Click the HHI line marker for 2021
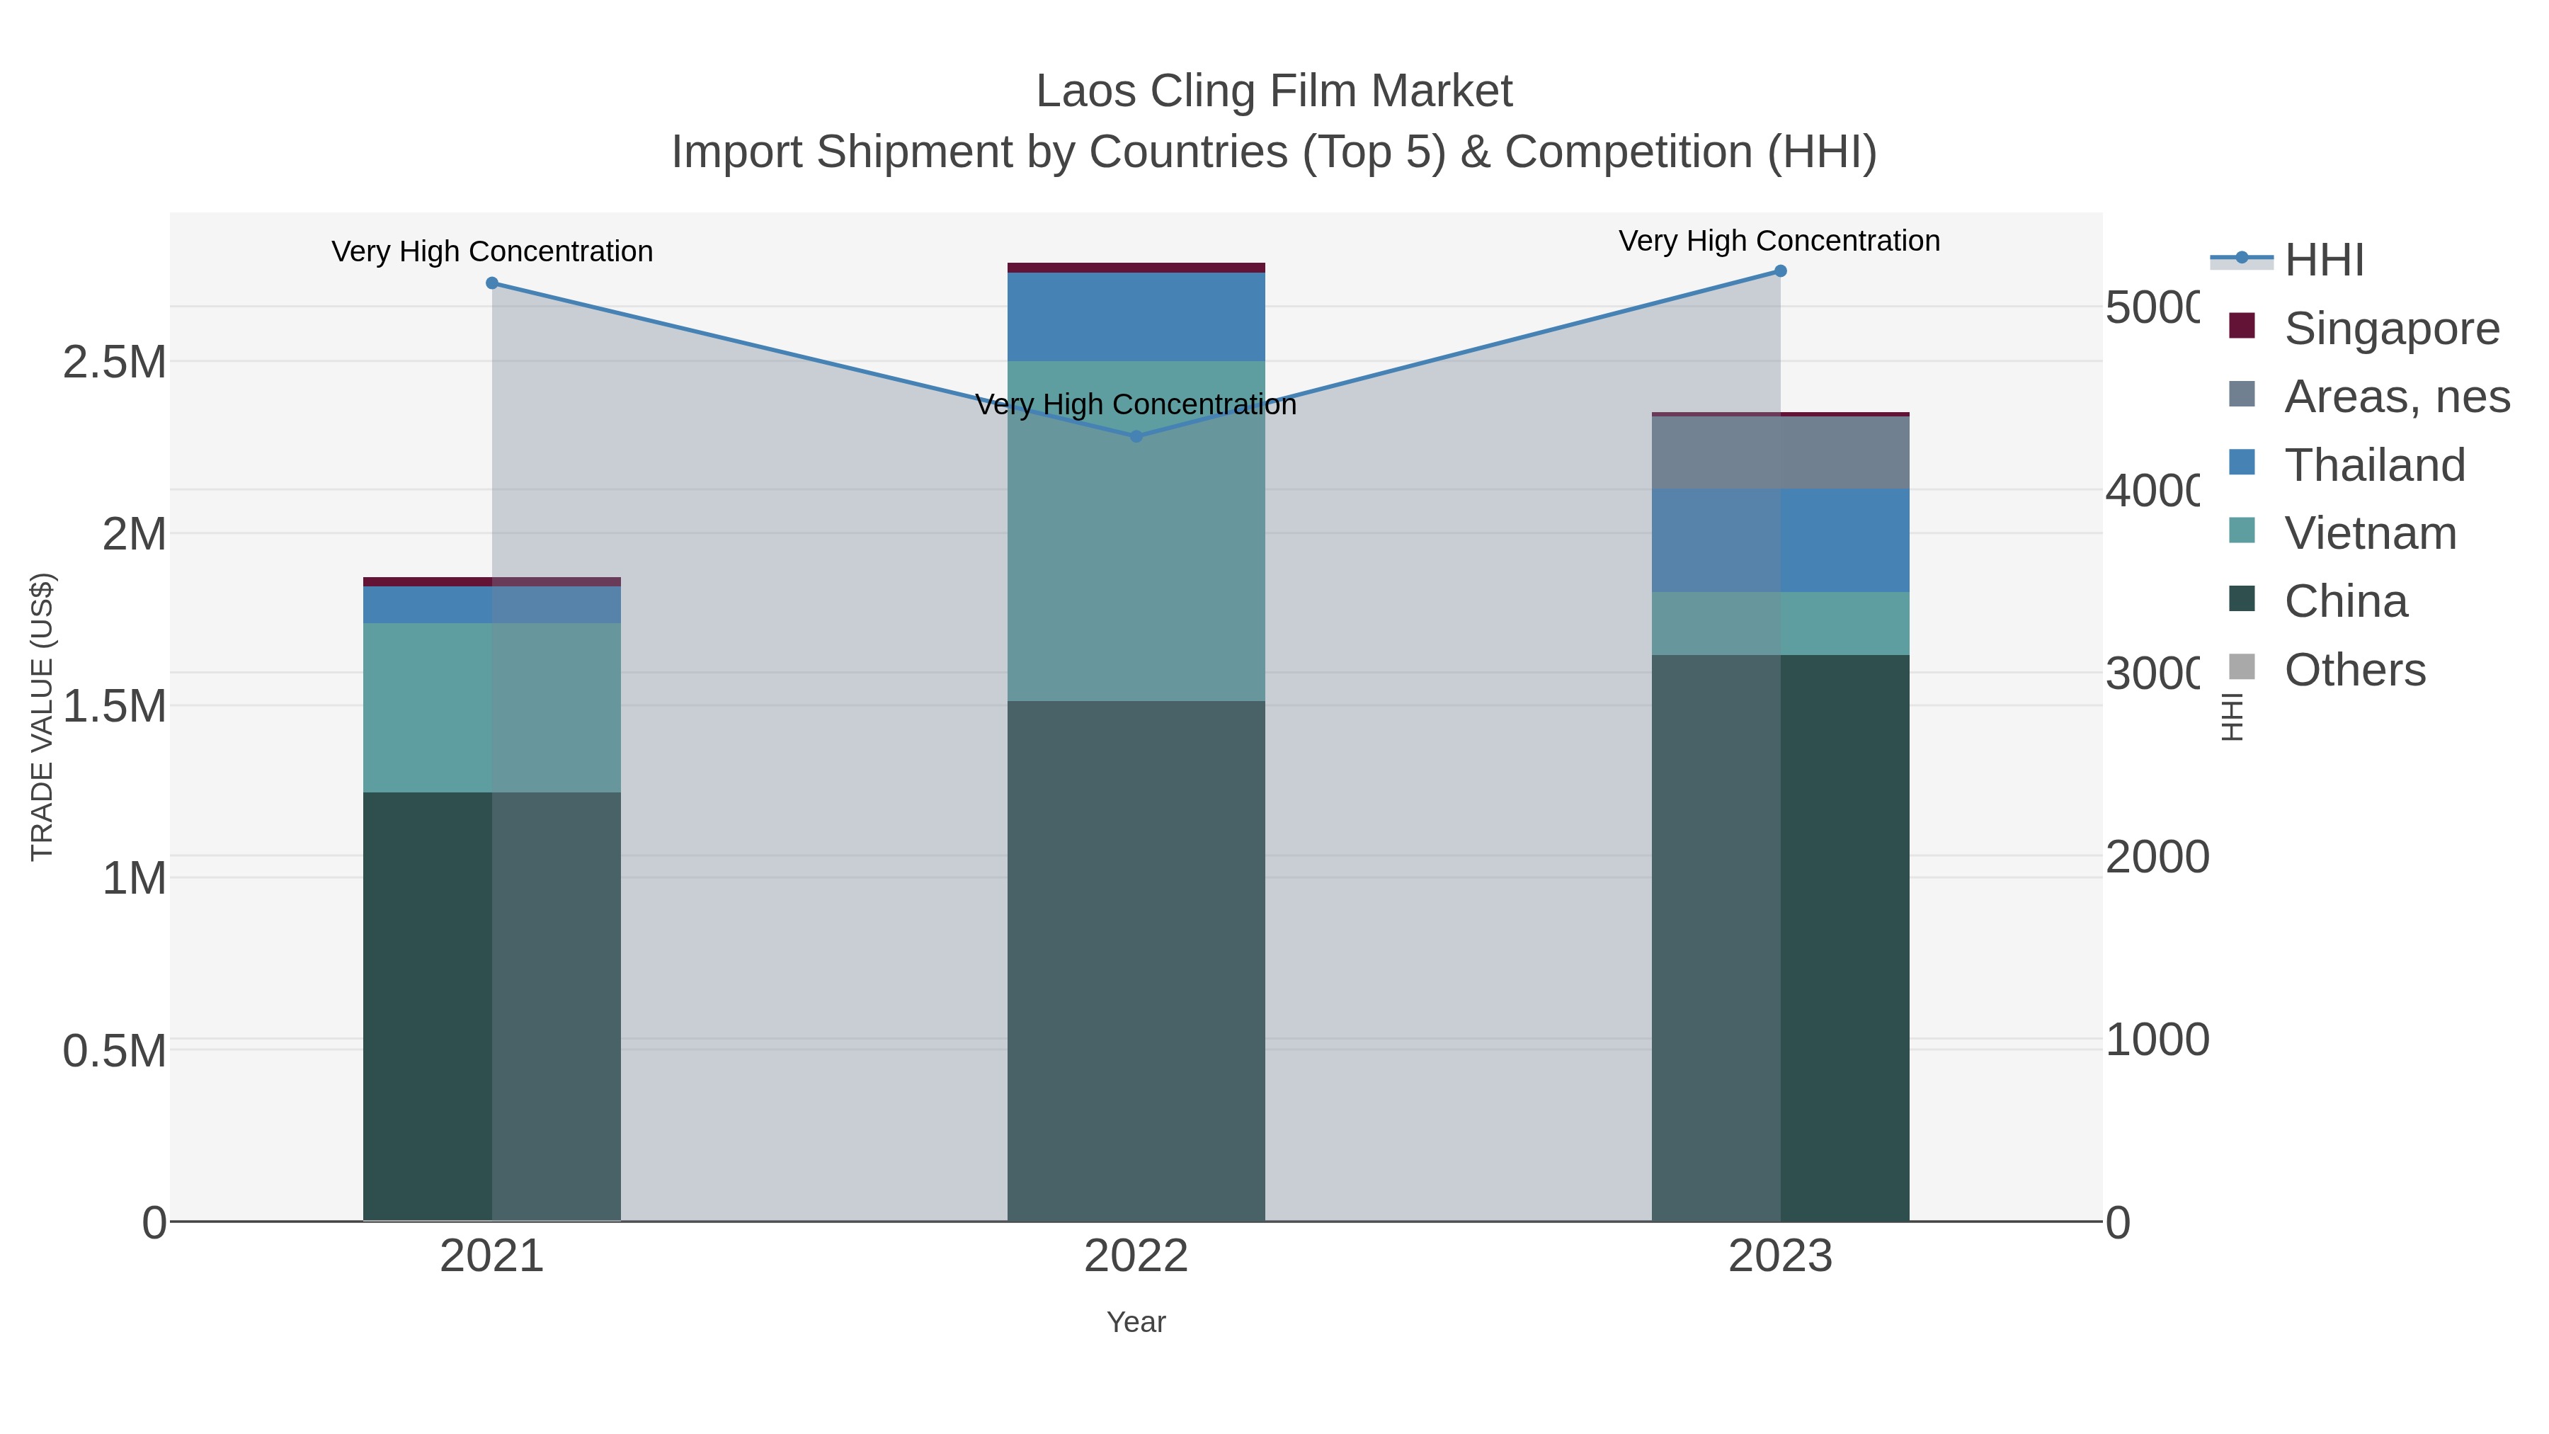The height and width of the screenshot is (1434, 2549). (x=492, y=283)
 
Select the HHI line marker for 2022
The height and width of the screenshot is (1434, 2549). (x=1136, y=436)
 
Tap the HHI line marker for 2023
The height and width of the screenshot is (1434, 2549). (x=1780, y=271)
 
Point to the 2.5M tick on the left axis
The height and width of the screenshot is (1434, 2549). (x=114, y=362)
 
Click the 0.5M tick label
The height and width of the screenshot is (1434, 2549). (x=114, y=1051)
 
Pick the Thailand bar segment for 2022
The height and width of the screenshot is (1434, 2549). (x=1136, y=317)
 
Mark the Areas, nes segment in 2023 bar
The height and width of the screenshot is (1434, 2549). (x=1780, y=453)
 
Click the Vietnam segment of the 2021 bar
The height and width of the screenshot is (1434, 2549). (x=492, y=707)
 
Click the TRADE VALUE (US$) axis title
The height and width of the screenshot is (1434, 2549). (x=42, y=717)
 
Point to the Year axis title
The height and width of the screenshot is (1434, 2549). (x=1136, y=1322)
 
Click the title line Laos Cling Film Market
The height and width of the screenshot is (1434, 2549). (x=1274, y=91)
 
